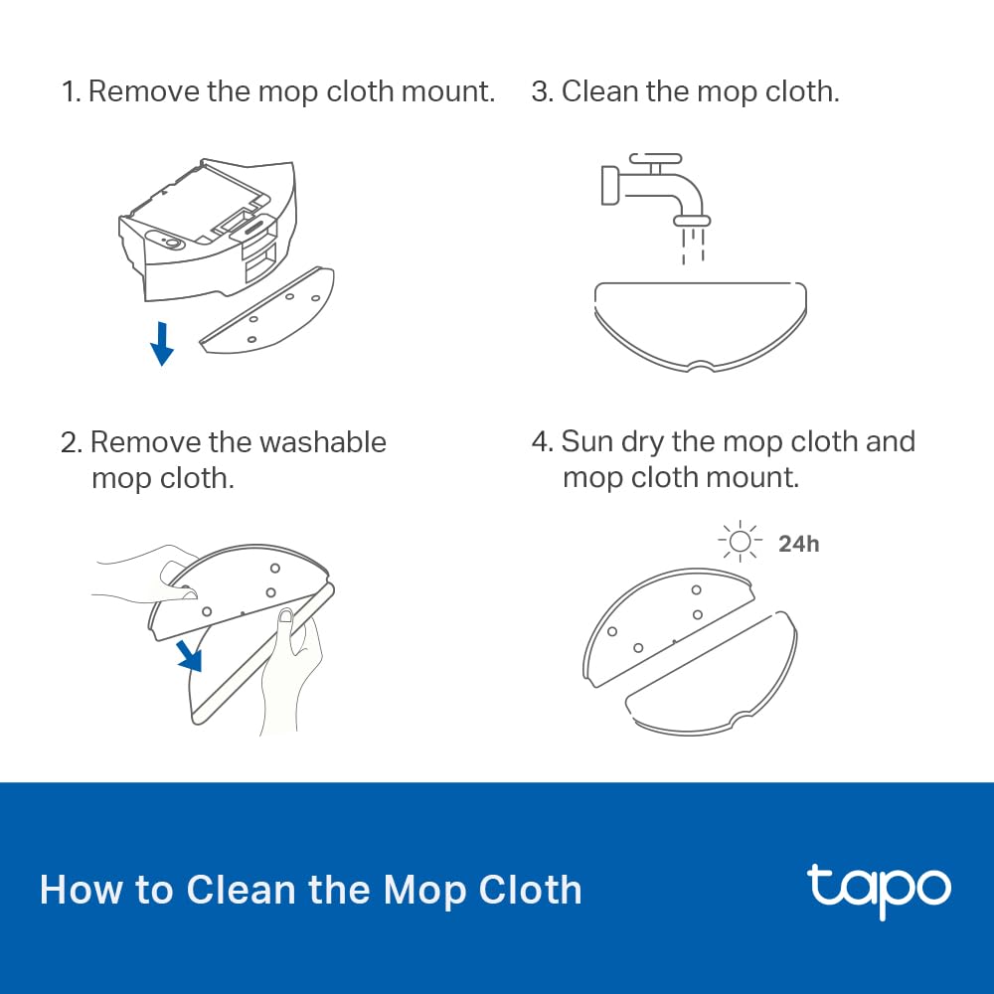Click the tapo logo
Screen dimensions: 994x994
879,888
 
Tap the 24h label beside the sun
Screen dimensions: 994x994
799,544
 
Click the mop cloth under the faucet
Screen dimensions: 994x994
700,323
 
